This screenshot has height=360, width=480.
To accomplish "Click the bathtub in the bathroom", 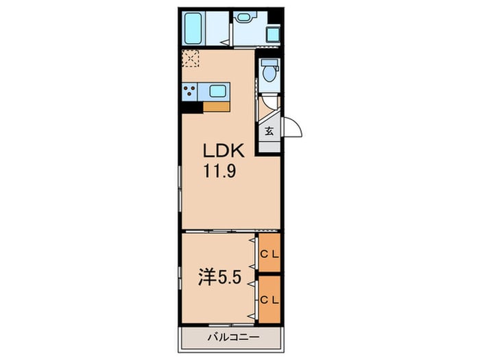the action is [193, 28].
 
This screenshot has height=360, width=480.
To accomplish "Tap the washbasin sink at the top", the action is [243, 17].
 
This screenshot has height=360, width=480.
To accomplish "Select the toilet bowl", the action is [269, 71].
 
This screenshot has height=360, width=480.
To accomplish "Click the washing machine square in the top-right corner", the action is [273, 34].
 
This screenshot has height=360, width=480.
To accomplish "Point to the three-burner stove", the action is [190, 91].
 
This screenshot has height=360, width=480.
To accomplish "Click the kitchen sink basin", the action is [217, 91].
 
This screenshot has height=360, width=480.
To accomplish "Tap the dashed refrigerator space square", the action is [191, 58].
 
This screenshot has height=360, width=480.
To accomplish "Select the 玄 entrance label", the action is [269, 132].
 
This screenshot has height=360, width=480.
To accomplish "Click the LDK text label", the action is [224, 151].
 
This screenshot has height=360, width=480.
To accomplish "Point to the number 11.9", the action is [220, 171].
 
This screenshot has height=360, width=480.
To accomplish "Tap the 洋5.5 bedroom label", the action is [220, 277].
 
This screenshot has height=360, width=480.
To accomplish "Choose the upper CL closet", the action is [269, 252].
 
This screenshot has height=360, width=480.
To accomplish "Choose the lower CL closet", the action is [269, 299].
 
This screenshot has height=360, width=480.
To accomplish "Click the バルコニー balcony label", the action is [234, 337].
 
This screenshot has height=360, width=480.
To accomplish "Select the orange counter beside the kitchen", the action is [217, 107].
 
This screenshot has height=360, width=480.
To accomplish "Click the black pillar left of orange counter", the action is [191, 108].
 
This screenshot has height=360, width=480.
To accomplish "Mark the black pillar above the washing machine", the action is [275, 16].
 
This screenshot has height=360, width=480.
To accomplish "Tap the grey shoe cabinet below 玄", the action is [269, 147].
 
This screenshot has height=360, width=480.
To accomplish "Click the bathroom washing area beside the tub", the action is [217, 28].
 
